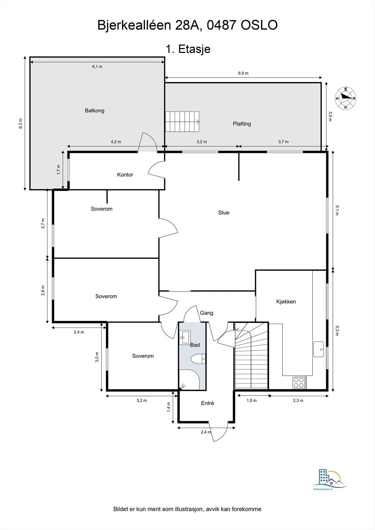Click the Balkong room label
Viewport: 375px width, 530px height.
(94, 111)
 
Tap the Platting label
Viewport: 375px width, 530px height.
(242, 124)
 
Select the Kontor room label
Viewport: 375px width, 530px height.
(125, 175)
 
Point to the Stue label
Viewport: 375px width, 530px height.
(223, 213)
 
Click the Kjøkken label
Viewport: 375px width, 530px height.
(286, 302)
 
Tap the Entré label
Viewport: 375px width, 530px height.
(208, 403)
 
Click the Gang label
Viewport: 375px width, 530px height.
(207, 313)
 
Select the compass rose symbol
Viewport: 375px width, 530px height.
(345, 98)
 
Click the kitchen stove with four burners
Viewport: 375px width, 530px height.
(299, 383)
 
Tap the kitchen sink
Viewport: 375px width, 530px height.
(319, 349)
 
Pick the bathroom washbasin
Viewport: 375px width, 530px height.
(185, 337)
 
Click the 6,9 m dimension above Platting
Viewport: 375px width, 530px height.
(243, 73)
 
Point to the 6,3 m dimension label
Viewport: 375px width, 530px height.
(21, 123)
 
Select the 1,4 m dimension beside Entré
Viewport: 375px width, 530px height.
(168, 407)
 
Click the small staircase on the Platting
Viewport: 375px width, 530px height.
(182, 122)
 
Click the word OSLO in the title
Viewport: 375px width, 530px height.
(259, 26)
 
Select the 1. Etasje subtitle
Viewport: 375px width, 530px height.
(188, 49)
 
